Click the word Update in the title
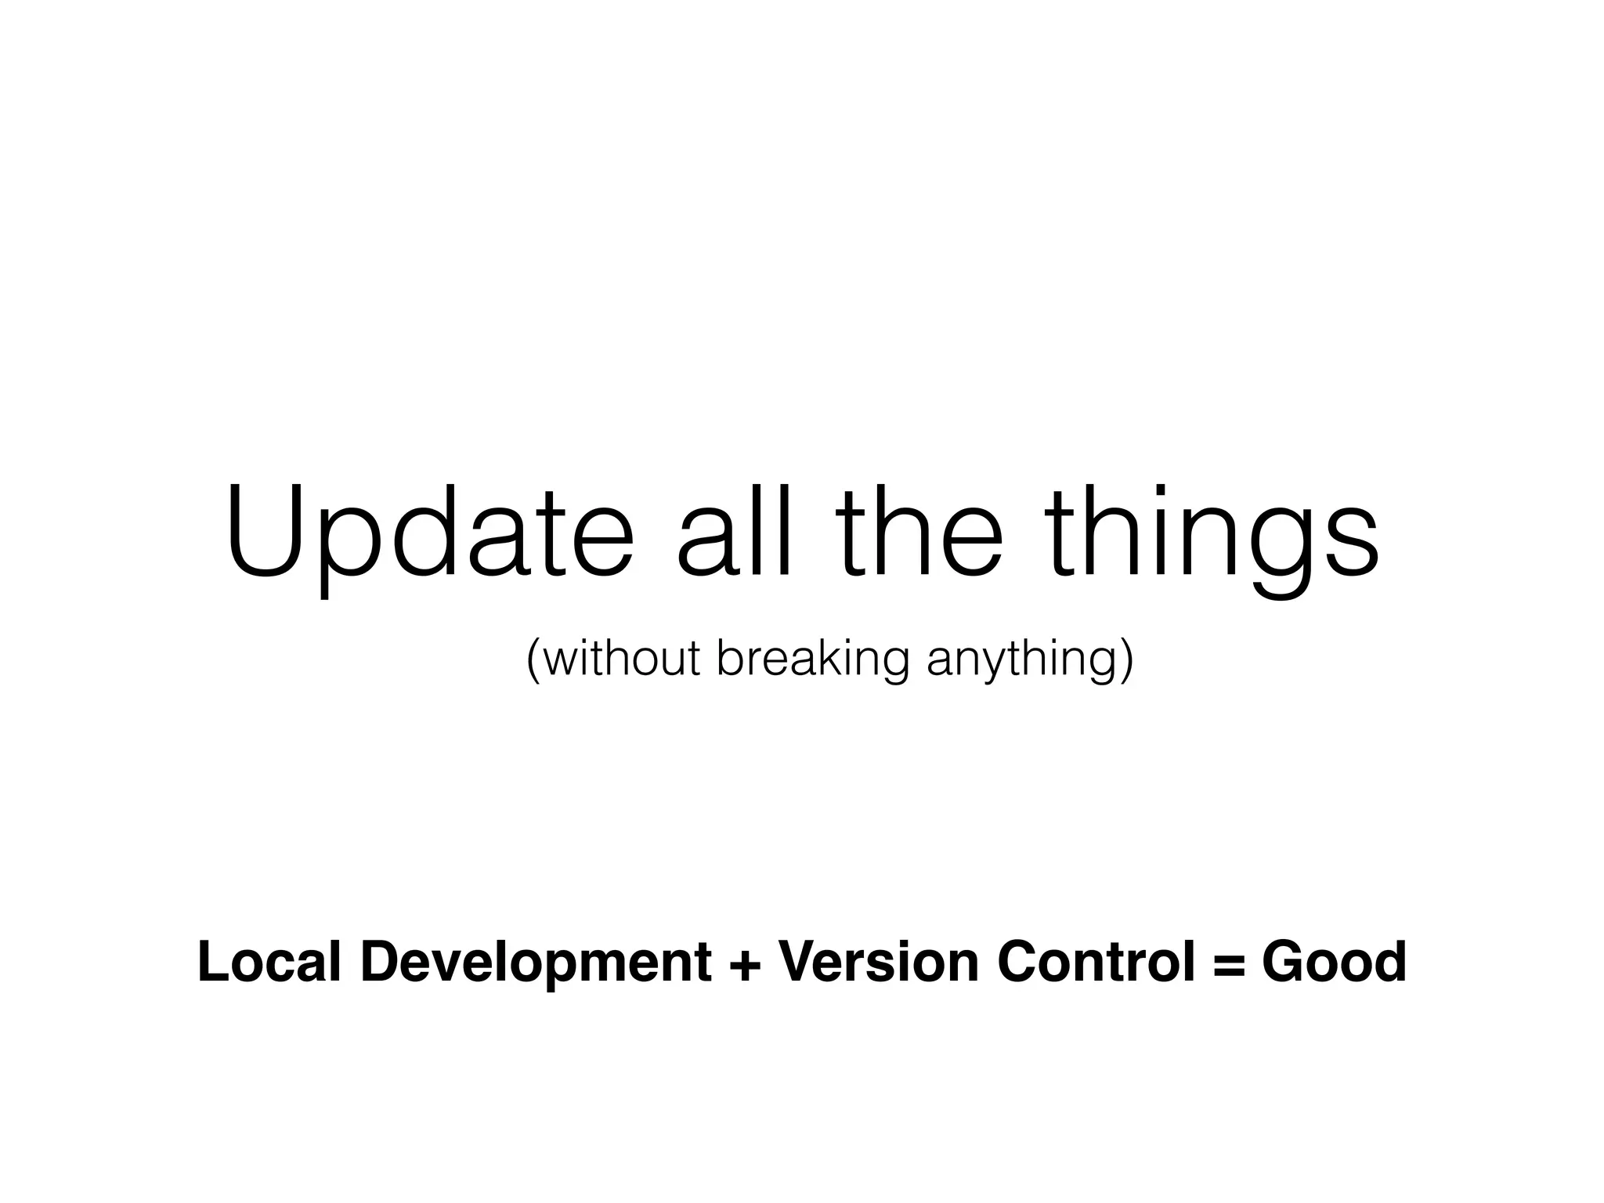[429, 533]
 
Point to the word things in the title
[1214, 540]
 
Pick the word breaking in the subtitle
[813, 659]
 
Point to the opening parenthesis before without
[533, 659]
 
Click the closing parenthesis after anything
[1127, 659]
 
